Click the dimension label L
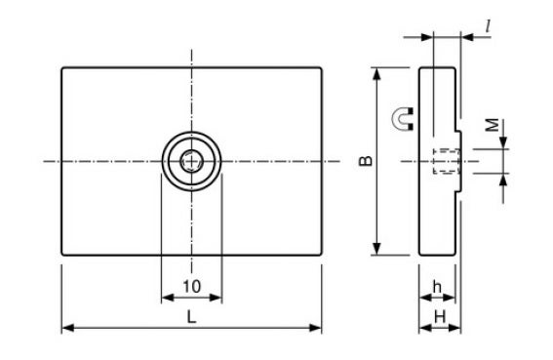click(x=191, y=317)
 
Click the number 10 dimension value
click(x=192, y=286)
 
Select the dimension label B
click(x=366, y=161)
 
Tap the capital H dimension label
click(x=440, y=317)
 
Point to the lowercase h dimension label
click(x=437, y=287)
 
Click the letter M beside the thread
click(x=493, y=125)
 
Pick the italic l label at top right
click(x=488, y=26)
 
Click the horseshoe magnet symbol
click(x=403, y=119)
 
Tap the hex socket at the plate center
click(x=191, y=161)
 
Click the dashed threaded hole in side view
click(x=447, y=161)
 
